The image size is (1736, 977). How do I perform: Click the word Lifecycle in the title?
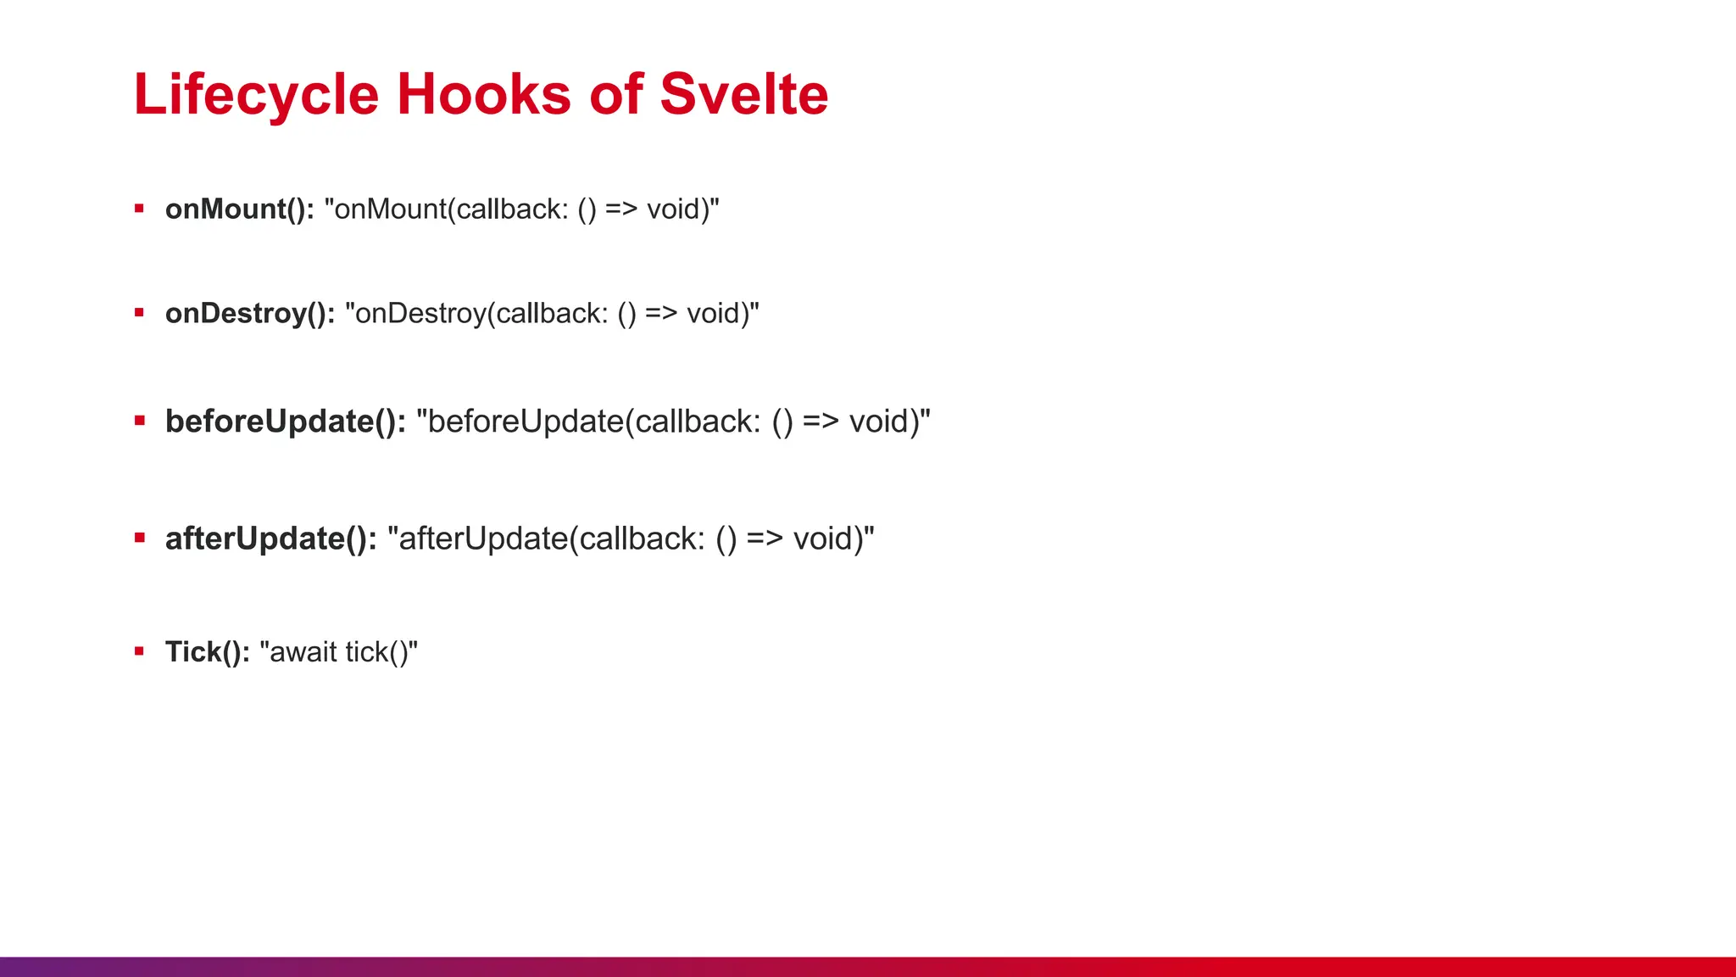(x=255, y=94)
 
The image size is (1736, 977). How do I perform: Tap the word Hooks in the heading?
(x=483, y=94)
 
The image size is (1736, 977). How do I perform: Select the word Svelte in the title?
(x=743, y=94)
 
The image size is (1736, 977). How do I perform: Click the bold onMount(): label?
(x=239, y=209)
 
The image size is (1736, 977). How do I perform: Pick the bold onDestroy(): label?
(x=250, y=314)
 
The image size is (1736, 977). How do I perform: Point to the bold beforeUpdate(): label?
(x=285, y=422)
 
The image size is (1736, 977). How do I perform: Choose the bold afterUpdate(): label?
(x=270, y=539)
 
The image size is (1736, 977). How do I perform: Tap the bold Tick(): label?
(x=207, y=652)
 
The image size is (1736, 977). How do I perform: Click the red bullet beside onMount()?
(x=139, y=208)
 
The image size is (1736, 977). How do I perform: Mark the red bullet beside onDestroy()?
(x=139, y=313)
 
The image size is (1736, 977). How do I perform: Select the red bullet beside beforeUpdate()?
(x=139, y=421)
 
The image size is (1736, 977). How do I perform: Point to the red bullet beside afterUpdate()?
(x=139, y=538)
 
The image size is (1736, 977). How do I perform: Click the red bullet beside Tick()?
(x=139, y=651)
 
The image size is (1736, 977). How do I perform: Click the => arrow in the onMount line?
(x=621, y=209)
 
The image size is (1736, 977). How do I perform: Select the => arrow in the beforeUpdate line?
(x=821, y=422)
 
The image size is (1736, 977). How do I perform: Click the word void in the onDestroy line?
(x=714, y=314)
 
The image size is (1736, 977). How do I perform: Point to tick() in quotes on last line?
(x=376, y=652)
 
